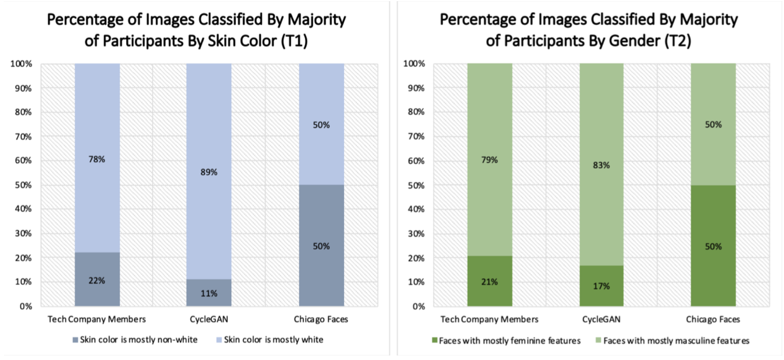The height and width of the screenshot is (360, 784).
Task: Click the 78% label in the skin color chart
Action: click(97, 160)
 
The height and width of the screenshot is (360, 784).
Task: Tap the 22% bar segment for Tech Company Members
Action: click(97, 279)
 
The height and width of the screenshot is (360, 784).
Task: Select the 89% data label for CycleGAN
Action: click(209, 172)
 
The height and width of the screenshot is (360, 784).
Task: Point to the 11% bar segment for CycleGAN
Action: click(209, 293)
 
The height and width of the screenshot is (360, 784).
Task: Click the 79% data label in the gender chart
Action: click(490, 160)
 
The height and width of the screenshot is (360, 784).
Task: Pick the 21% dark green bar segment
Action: click(490, 281)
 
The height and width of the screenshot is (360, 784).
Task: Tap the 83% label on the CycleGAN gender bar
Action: click(601, 165)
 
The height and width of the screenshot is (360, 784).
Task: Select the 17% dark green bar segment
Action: click(601, 286)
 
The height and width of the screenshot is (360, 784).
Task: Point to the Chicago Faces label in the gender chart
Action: click(713, 319)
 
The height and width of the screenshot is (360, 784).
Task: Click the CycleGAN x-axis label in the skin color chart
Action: click(209, 319)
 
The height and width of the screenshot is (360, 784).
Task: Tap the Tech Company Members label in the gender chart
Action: click(490, 319)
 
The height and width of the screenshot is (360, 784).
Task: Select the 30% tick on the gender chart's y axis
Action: click(415, 234)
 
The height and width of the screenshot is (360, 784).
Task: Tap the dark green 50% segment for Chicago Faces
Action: click(713, 246)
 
